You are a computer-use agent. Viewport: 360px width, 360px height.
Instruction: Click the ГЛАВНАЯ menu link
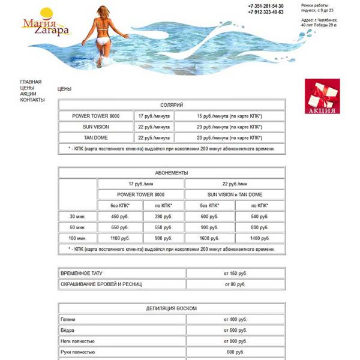31,82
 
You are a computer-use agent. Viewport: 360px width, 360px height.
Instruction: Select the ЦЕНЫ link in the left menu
27,88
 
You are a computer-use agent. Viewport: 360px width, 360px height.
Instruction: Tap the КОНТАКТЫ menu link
32,100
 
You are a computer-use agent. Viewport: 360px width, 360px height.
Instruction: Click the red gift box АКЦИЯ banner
322,97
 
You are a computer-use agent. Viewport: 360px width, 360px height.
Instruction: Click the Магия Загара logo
46,25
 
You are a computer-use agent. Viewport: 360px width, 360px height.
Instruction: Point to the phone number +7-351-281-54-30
265,6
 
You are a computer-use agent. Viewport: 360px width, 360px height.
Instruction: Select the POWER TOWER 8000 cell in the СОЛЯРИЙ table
96,116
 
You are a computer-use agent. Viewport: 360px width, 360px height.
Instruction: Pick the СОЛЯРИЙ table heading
172,105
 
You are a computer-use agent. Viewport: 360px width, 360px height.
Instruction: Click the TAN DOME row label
96,137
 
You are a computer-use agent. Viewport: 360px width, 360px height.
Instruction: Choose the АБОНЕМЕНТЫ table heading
172,172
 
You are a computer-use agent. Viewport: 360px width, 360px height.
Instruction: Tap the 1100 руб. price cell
120,238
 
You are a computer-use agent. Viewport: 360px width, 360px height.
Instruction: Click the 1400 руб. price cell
259,238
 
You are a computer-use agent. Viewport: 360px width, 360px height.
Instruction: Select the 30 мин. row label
77,217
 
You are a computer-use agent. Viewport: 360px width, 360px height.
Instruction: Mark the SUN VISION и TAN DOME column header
235,194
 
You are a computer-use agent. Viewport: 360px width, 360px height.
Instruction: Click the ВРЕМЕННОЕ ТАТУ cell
122,273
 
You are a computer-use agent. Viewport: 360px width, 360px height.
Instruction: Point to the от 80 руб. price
235,284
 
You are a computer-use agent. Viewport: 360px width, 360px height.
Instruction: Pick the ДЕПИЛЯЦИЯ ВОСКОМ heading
172,308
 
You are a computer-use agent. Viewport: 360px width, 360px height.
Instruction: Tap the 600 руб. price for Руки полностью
235,352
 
